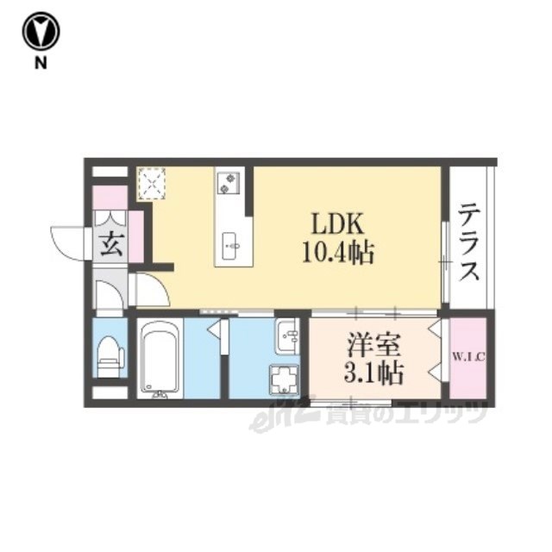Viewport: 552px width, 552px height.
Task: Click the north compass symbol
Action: pyautogui.click(x=41, y=31)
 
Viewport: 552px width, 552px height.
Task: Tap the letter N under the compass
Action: pyautogui.click(x=41, y=63)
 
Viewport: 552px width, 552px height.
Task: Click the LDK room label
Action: pyautogui.click(x=337, y=224)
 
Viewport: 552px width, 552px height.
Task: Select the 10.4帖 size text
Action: pyautogui.click(x=337, y=253)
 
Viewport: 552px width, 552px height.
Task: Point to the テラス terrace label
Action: pyautogui.click(x=469, y=241)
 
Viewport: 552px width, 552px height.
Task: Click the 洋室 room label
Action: pyautogui.click(x=373, y=346)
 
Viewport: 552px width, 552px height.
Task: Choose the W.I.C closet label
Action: pyautogui.click(x=468, y=357)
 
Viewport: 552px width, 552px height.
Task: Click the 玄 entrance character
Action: pyautogui.click(x=111, y=245)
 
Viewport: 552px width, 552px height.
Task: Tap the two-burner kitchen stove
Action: pyautogui.click(x=228, y=183)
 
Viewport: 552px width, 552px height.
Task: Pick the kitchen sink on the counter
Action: pyautogui.click(x=230, y=246)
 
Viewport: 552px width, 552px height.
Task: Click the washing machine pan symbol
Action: pyautogui.click(x=285, y=379)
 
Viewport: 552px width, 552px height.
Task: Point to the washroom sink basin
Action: pyautogui.click(x=287, y=337)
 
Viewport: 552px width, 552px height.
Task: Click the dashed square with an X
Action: pyautogui.click(x=152, y=184)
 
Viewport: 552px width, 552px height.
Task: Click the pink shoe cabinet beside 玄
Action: pyautogui.click(x=136, y=237)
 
